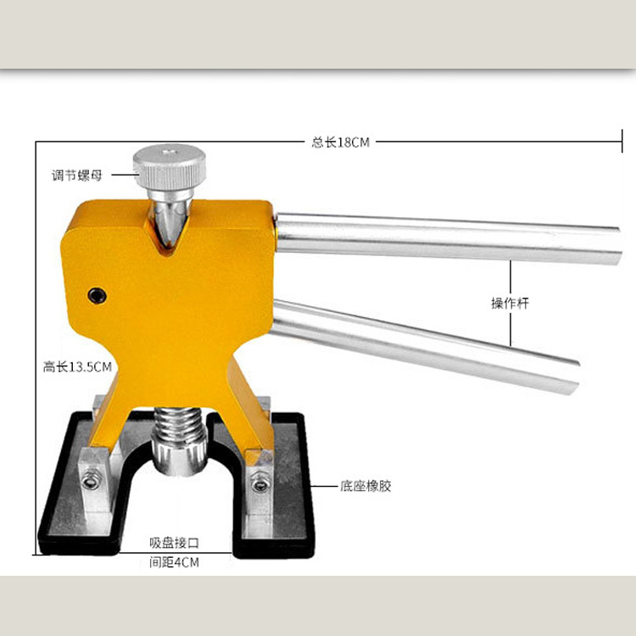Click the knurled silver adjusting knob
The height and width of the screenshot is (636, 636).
pyautogui.click(x=169, y=166)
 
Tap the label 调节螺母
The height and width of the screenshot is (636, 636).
pyautogui.click(x=76, y=176)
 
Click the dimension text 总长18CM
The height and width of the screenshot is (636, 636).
pyautogui.click(x=340, y=142)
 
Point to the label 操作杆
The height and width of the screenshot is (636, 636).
pyautogui.click(x=510, y=303)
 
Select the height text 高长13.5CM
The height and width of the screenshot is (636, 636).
pyautogui.click(x=77, y=367)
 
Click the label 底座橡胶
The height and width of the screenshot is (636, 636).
pyautogui.click(x=365, y=486)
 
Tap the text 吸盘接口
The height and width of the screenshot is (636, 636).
pyautogui.click(x=175, y=543)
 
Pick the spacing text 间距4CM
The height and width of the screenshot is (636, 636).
pyautogui.click(x=175, y=562)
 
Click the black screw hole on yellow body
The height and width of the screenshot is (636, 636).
pyautogui.click(x=98, y=296)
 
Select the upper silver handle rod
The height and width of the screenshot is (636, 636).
pyautogui.click(x=449, y=239)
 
